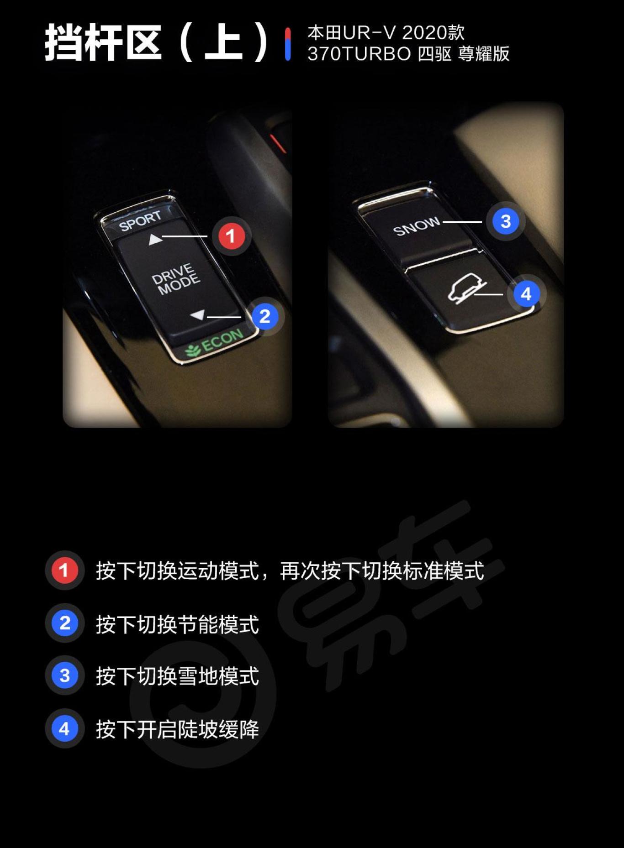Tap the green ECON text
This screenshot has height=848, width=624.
click(222, 340)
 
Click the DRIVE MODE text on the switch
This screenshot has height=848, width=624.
click(176, 278)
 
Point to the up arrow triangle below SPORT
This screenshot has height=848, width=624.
click(155, 239)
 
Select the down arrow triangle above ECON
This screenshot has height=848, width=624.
click(198, 315)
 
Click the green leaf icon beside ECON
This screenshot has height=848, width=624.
click(192, 350)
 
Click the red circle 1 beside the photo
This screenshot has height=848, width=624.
click(231, 236)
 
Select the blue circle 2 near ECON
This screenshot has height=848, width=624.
click(265, 316)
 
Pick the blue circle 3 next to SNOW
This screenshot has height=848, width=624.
click(505, 221)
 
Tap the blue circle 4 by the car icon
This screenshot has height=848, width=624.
click(526, 294)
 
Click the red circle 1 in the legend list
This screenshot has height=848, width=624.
click(64, 570)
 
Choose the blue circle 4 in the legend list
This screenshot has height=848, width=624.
click(64, 728)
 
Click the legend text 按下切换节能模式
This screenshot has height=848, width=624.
click(177, 623)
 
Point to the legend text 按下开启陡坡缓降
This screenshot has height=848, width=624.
click(177, 729)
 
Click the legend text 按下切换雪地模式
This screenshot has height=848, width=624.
click(177, 676)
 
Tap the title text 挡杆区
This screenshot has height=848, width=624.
click(103, 43)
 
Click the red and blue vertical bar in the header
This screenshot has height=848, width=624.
click(287, 44)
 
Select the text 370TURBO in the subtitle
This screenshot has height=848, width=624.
click(359, 54)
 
